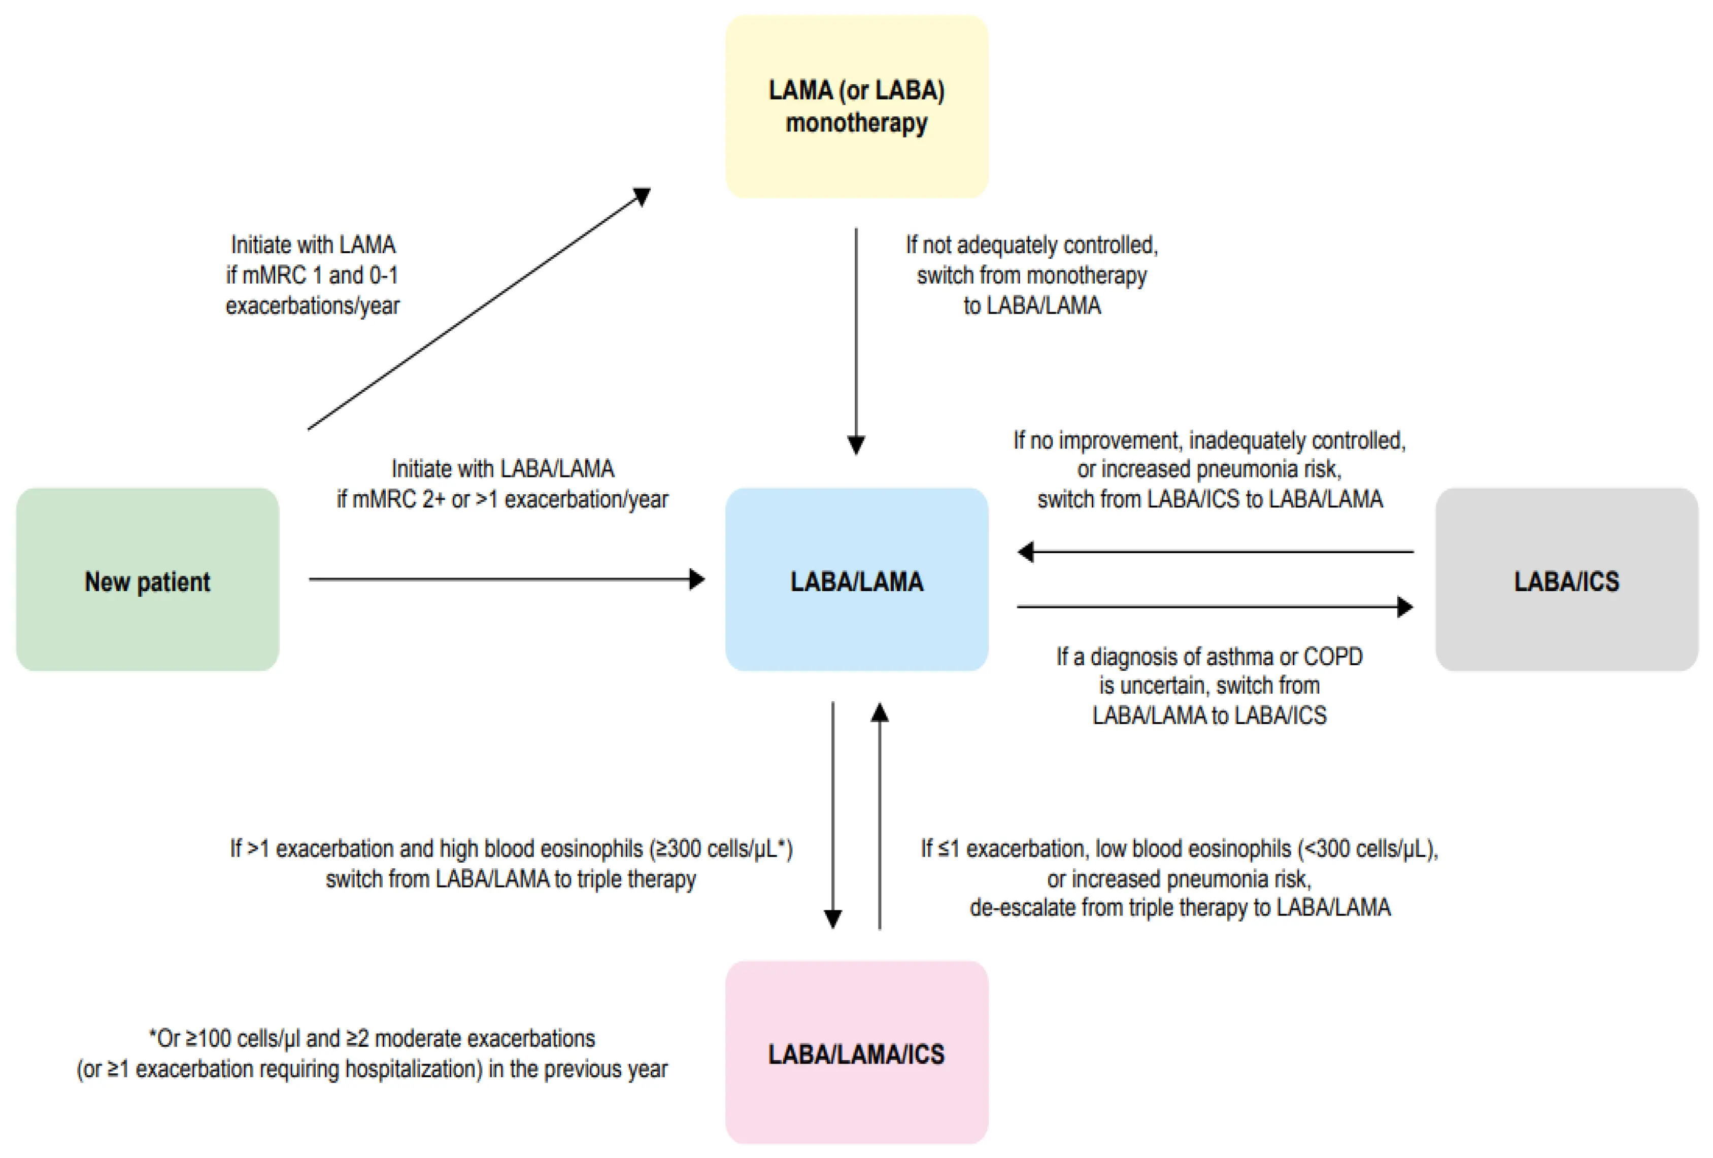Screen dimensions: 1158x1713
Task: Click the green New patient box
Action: coord(147,580)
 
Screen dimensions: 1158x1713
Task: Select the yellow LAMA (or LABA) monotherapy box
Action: coord(857,107)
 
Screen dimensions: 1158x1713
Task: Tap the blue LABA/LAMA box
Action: coord(857,580)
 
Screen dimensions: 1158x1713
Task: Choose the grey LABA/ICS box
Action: coord(1566,580)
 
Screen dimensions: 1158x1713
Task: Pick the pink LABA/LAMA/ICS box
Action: coord(857,1052)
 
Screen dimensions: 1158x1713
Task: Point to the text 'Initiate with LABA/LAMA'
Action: coord(502,469)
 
